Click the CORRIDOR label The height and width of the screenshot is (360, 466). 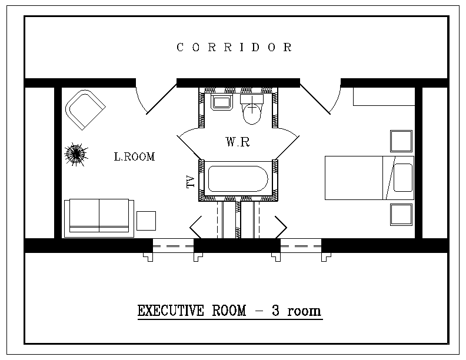(234, 47)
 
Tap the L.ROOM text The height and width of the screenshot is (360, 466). (134, 156)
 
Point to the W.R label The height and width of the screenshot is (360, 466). (238, 142)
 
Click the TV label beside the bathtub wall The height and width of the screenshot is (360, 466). (190, 182)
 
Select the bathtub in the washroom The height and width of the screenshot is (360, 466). (238, 179)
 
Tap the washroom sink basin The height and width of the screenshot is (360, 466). (222, 102)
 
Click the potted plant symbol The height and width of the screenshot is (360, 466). (76, 154)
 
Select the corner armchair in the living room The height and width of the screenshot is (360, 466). (85, 109)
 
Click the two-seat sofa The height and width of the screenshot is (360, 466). (99, 218)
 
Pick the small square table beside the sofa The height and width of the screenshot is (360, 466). (147, 221)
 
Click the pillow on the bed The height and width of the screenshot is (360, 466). (403, 178)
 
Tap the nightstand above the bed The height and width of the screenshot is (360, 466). (401, 141)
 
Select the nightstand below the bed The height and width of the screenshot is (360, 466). (401, 215)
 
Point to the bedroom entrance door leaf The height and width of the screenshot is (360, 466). (315, 99)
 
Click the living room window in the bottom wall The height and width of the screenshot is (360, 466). (173, 246)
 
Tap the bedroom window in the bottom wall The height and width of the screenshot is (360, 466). (301, 246)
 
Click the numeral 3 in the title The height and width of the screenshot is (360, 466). (275, 311)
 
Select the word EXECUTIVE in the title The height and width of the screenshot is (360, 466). (171, 311)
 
